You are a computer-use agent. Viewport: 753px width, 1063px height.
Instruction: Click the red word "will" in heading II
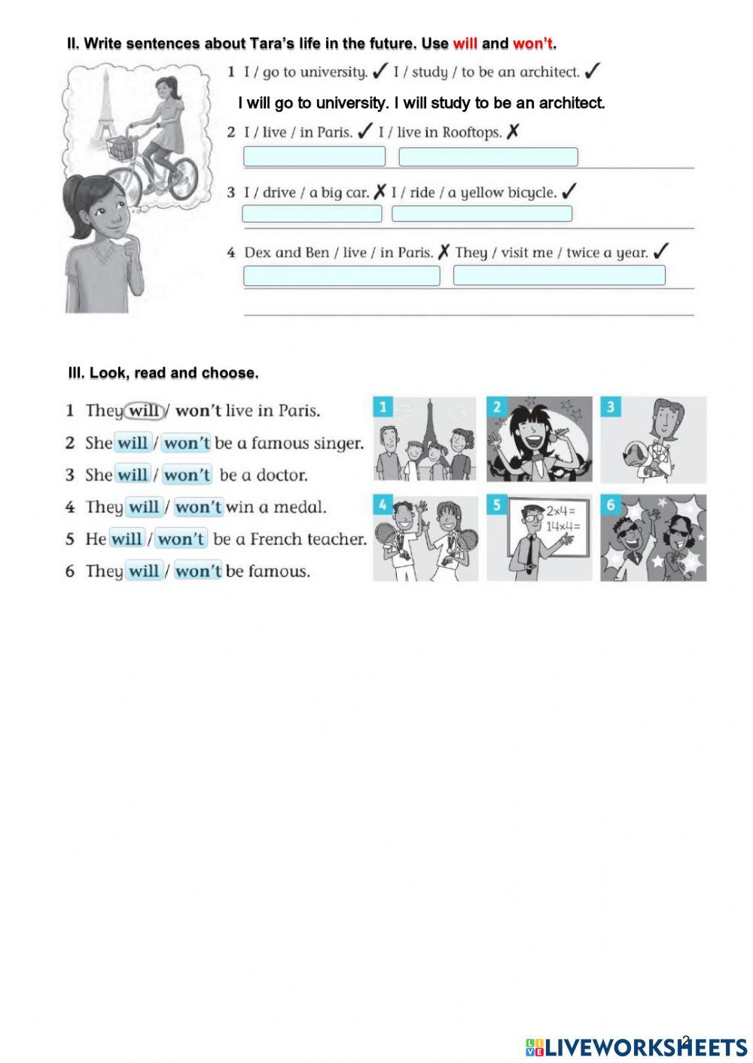(x=465, y=44)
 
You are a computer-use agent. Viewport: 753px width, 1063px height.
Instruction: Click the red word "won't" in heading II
(x=533, y=44)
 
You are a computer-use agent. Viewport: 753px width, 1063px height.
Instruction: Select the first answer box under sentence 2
(x=314, y=156)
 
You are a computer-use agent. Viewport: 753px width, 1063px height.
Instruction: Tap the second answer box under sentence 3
(x=482, y=214)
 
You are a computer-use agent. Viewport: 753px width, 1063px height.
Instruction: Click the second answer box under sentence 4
(x=559, y=275)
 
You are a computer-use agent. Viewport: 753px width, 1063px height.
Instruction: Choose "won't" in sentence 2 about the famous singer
(x=186, y=443)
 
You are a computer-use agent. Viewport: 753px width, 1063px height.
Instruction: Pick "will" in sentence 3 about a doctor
(x=133, y=475)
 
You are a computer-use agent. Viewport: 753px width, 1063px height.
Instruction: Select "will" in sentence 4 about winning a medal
(x=143, y=507)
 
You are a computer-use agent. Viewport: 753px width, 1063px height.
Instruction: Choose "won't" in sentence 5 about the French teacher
(x=181, y=539)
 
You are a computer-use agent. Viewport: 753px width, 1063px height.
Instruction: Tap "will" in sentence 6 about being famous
(x=143, y=571)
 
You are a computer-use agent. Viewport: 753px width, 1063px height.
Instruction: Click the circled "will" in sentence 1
(x=144, y=411)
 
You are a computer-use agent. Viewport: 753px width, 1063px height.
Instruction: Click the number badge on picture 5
(x=496, y=505)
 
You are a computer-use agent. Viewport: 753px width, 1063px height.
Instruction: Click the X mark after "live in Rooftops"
(x=513, y=132)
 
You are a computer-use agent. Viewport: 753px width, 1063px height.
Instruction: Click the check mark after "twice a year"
(x=661, y=252)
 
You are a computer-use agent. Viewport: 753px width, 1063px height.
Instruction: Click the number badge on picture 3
(x=610, y=407)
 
